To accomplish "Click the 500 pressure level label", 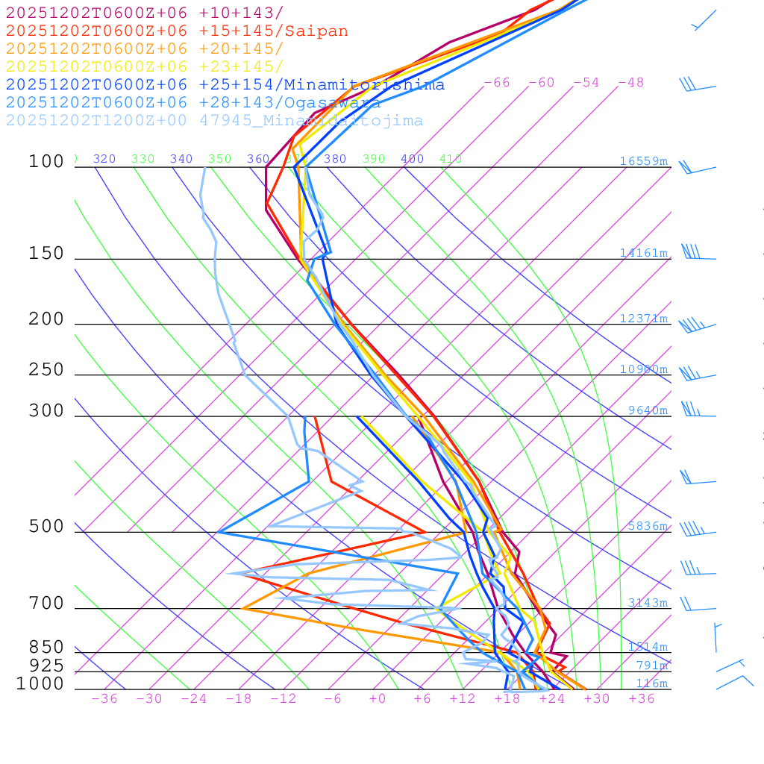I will point(46,527).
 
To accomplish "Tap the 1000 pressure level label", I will point(40,683).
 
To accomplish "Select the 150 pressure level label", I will point(46,254).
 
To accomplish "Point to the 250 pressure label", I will point(46,370).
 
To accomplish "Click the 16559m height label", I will point(643,161).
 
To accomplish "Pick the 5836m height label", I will point(647,526).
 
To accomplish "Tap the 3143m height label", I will point(647,603).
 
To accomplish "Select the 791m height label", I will point(651,666).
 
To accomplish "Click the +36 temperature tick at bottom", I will point(642,698).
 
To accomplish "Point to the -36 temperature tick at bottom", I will point(104,698).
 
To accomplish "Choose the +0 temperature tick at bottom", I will point(378,698).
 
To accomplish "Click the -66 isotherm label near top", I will point(496,82).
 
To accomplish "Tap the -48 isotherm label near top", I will point(630,82).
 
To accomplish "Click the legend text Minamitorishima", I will point(364,85).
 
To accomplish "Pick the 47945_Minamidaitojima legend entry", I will point(311,121).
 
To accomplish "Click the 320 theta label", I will point(104,159).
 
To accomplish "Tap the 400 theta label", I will point(412,159).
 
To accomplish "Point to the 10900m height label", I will point(643,369).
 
